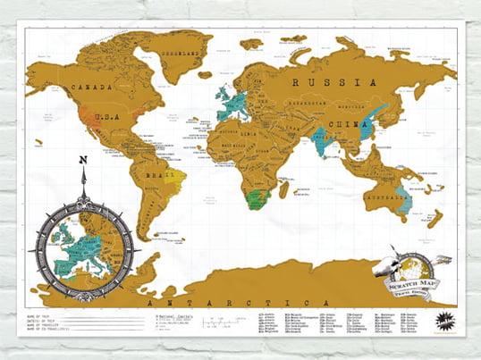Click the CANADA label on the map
[95, 88]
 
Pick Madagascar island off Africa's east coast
[283, 189]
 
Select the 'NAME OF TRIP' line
[49, 315]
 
